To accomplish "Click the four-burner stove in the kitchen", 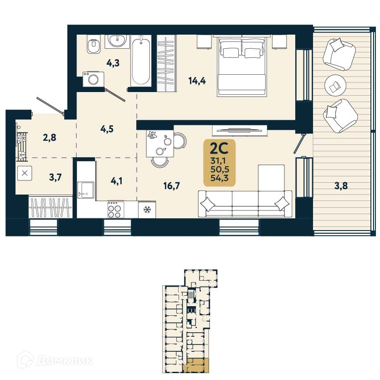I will pyautogui.click(x=116, y=210).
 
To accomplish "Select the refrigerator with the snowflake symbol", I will pyautogui.click(x=147, y=210).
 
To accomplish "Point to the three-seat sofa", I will pyautogui.click(x=245, y=204).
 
